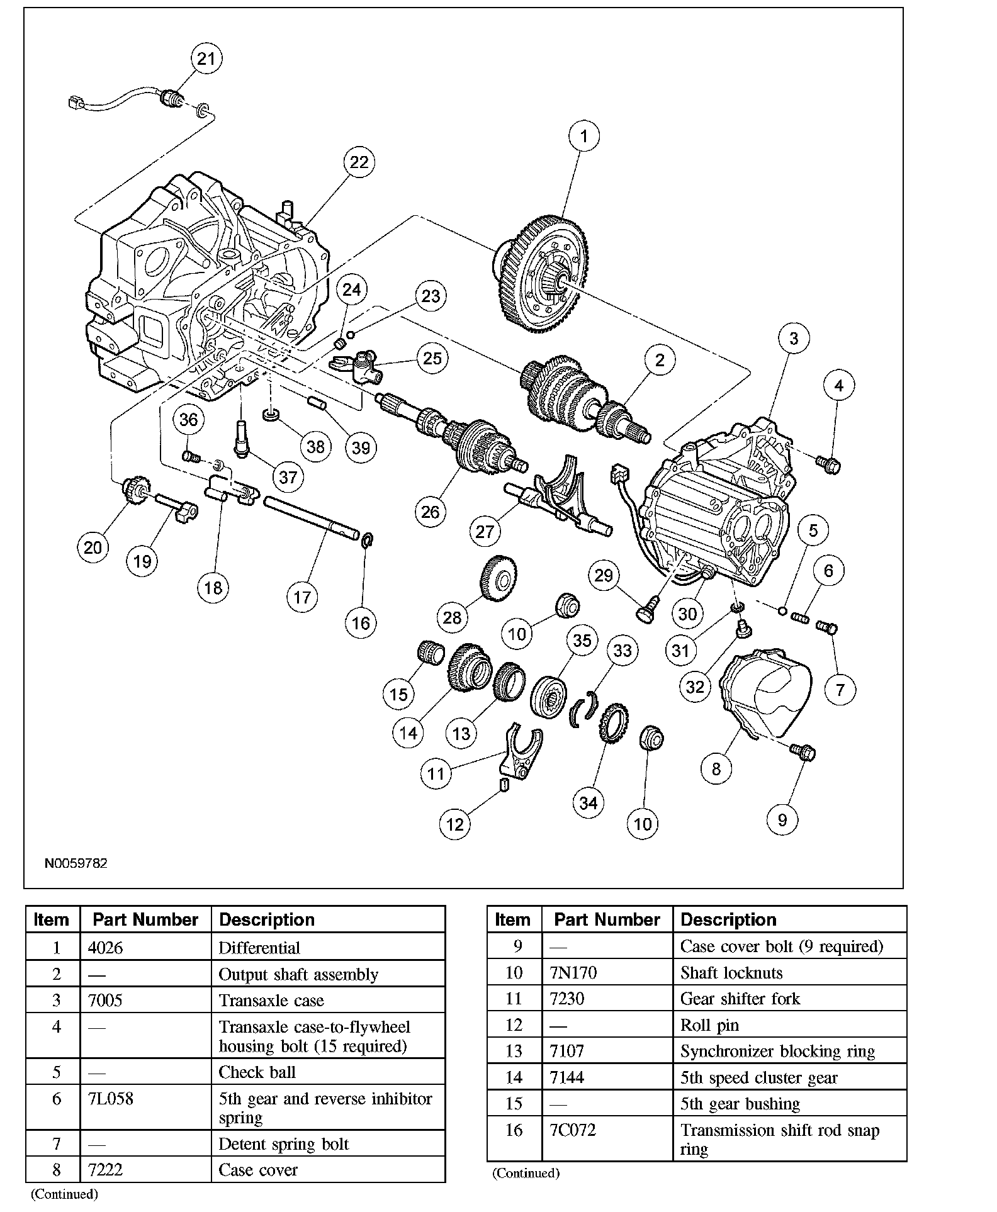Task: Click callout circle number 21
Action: tap(206, 59)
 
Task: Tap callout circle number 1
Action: tap(583, 136)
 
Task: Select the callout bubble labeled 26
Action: tap(431, 512)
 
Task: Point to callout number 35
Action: tap(582, 640)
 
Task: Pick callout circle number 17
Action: tap(302, 597)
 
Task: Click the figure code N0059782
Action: tap(76, 863)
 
